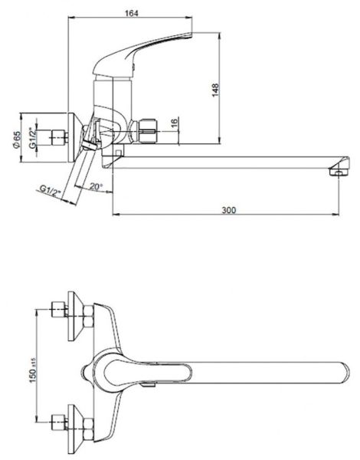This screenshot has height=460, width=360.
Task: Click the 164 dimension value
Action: (131, 13)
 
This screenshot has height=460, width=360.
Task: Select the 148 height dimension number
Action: (215, 90)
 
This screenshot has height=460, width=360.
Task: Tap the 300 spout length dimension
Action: (229, 210)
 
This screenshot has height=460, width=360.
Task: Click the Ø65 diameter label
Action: (17, 140)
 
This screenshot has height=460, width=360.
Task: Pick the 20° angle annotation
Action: (97, 186)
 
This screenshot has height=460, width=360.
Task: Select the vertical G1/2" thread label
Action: (32, 137)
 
